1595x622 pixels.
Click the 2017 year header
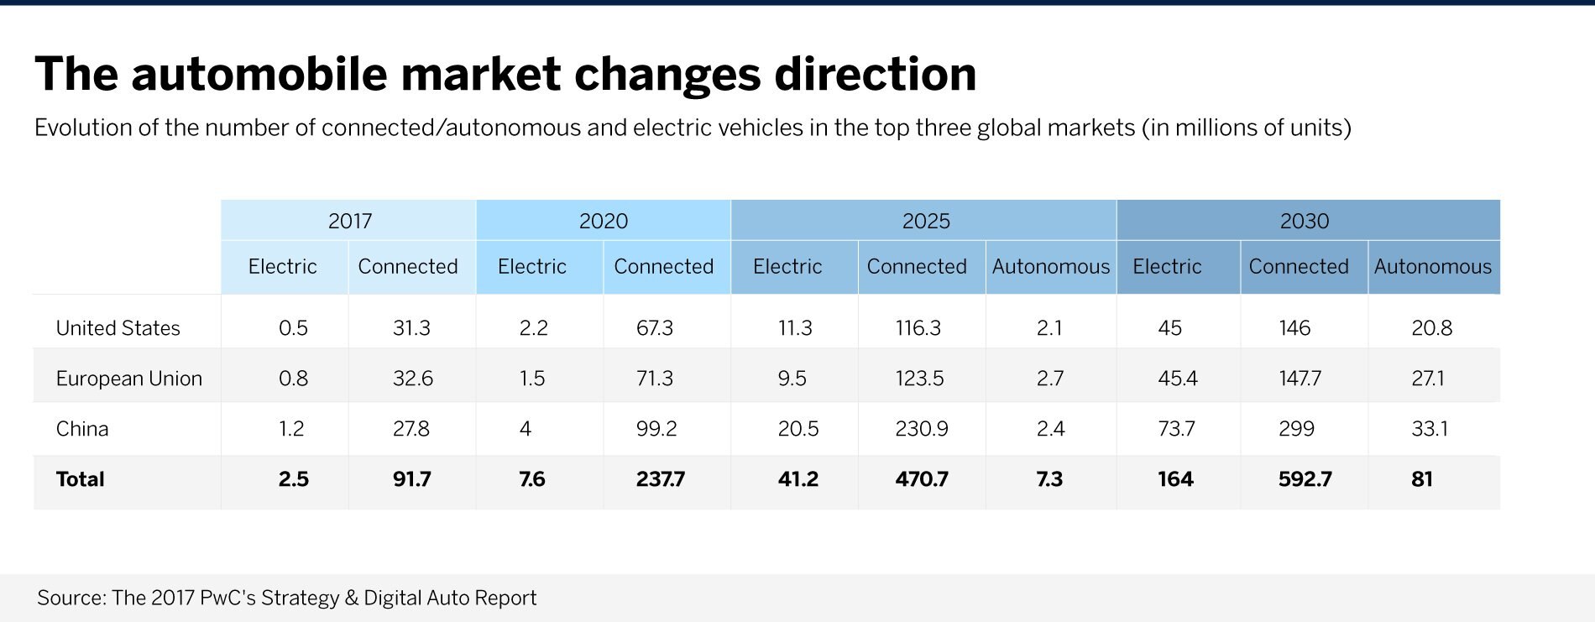point(349,221)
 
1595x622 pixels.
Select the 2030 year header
point(1304,221)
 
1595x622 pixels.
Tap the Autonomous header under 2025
point(1050,267)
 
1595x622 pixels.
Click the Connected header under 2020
point(663,267)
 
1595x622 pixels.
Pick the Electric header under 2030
point(1167,267)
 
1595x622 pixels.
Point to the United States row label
point(118,328)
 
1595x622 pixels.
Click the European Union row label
point(128,379)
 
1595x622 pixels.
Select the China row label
point(82,429)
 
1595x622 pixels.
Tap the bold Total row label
point(80,479)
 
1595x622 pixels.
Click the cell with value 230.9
point(921,429)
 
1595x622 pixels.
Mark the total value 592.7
point(1305,479)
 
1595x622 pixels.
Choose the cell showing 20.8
point(1431,328)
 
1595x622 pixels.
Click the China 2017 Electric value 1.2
point(291,429)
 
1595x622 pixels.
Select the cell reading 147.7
point(1300,379)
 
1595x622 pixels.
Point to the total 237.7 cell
point(660,479)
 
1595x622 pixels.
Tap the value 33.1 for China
point(1430,429)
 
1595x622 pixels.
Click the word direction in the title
point(875,74)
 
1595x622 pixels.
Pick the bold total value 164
point(1175,479)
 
